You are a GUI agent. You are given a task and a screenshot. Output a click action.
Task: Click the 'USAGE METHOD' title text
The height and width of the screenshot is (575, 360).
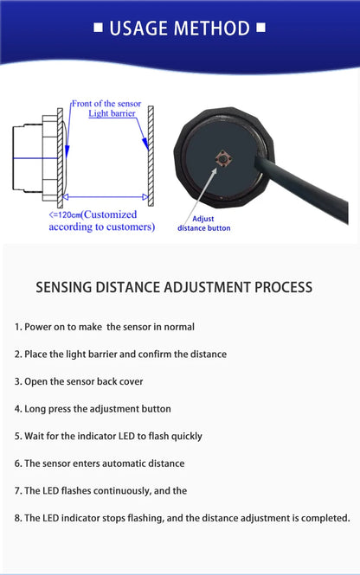click(179, 29)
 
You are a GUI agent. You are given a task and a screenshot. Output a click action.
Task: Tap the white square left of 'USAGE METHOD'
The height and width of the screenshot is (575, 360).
click(98, 29)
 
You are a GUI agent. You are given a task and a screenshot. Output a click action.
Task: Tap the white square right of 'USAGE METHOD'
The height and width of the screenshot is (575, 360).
click(261, 29)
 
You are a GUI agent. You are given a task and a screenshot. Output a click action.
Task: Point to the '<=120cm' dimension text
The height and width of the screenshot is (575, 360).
click(65, 214)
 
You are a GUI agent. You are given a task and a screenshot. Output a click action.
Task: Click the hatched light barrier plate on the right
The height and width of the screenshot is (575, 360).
click(151, 156)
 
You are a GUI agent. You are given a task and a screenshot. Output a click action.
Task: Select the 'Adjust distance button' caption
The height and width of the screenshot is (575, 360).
click(204, 223)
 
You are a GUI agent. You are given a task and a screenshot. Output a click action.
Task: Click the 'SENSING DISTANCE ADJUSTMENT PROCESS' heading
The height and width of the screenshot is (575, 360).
click(174, 287)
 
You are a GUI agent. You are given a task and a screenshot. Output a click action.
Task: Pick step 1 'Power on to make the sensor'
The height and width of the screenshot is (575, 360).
click(104, 327)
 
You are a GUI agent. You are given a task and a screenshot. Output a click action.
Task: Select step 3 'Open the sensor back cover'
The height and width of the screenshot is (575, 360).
click(79, 381)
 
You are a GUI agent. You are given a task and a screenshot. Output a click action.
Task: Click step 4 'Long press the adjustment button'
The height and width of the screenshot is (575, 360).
click(93, 408)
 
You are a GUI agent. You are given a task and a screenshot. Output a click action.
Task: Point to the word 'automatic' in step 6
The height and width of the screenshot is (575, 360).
click(129, 463)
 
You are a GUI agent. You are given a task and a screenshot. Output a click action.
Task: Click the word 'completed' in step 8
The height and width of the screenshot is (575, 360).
click(322, 518)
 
